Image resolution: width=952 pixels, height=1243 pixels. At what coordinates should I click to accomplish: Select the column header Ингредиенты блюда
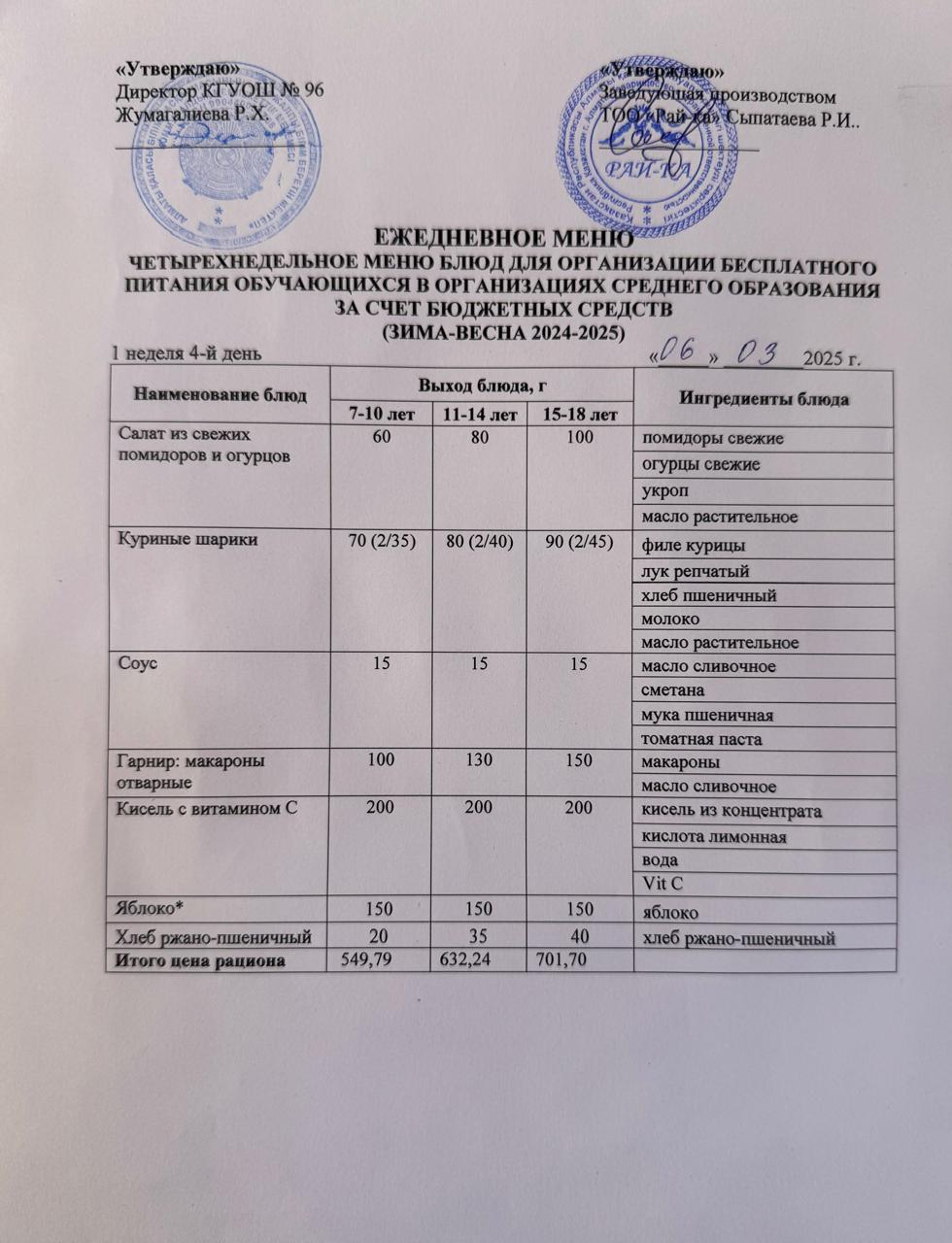(764, 399)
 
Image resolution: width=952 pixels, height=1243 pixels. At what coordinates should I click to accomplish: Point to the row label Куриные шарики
(187, 540)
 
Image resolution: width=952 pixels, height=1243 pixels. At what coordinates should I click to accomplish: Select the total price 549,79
(364, 960)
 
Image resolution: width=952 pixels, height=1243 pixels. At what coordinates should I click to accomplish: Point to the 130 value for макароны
(478, 759)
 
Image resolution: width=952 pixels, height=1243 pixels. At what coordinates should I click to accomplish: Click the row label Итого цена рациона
(201, 961)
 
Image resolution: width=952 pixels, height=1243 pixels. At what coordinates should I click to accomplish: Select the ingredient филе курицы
(693, 546)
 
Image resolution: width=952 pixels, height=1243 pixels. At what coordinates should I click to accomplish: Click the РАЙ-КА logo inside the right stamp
(659, 169)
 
